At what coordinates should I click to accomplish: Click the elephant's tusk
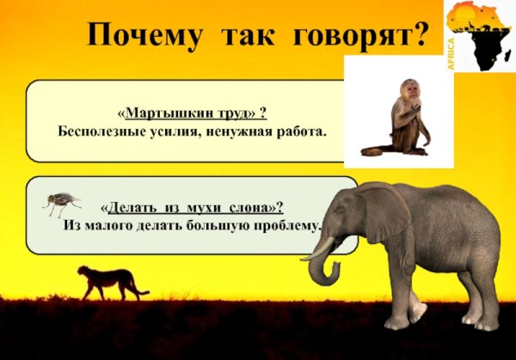click(318, 250)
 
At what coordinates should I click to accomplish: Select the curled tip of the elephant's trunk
click(318, 280)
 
